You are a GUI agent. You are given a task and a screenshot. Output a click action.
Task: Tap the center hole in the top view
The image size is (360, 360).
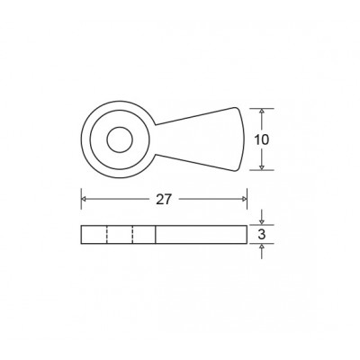[117, 139]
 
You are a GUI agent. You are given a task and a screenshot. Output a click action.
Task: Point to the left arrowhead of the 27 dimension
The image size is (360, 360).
[85, 199]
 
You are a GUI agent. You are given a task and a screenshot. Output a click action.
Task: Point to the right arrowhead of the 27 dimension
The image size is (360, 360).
[244, 199]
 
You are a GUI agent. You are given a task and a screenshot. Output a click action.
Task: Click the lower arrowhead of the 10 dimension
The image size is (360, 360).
[262, 167]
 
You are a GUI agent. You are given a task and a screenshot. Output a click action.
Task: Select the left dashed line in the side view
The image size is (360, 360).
[107, 235]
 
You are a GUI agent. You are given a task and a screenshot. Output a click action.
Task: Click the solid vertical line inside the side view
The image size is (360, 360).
[156, 235]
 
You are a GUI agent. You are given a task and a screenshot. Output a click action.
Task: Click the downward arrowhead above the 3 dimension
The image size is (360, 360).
[262, 221]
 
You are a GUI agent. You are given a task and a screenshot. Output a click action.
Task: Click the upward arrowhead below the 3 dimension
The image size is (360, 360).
[262, 248]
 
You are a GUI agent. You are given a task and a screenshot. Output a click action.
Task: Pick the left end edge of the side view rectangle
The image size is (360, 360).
[82, 235]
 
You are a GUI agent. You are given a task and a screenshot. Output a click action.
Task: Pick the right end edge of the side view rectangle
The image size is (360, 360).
[247, 235]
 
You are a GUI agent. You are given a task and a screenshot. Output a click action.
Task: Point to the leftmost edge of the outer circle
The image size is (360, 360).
[82, 139]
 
